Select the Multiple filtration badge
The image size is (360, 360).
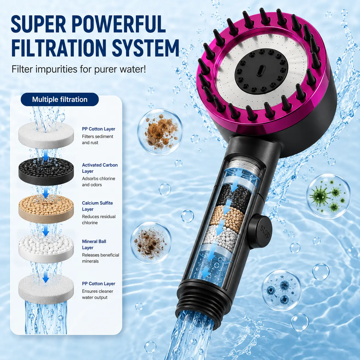point(60,99)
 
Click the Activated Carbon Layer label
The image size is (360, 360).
point(100,168)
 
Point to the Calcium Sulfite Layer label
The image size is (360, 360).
point(97,206)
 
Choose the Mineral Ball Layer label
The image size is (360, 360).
point(94,244)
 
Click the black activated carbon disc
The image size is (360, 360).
point(46,171)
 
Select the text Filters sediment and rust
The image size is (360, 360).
point(98,139)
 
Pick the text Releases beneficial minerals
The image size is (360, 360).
point(100,258)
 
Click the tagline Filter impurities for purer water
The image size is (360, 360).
point(79,69)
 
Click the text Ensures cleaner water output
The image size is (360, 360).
point(98,294)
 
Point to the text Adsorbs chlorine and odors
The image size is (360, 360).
point(98,181)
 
